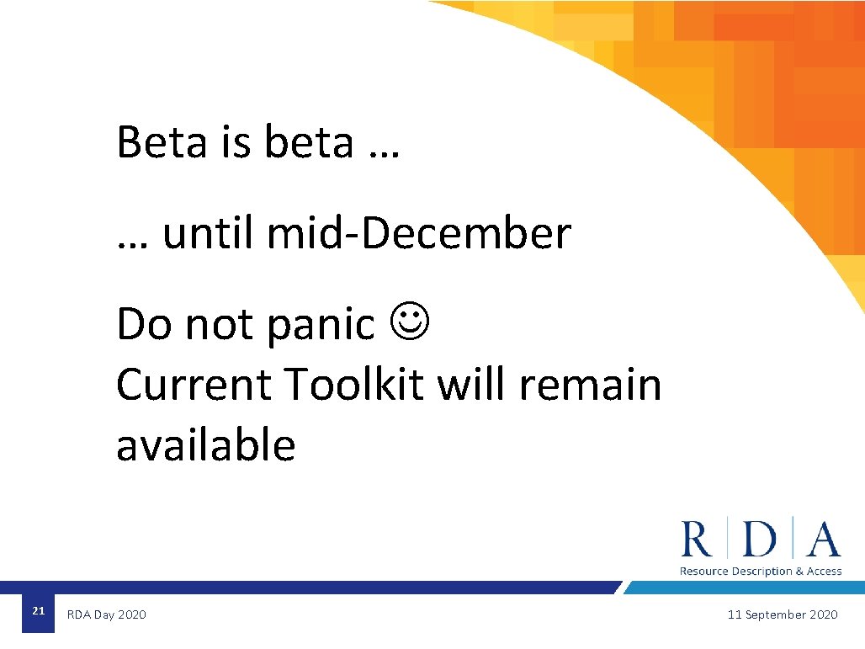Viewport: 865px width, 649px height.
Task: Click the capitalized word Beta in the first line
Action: coord(162,141)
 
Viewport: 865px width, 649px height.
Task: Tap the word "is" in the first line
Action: coord(236,141)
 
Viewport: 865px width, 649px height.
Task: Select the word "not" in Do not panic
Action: coord(220,324)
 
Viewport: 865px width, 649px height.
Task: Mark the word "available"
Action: coord(206,445)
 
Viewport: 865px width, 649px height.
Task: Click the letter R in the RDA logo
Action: coord(696,540)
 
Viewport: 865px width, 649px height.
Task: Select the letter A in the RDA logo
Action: coord(823,540)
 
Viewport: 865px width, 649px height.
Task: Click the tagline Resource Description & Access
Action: coord(761,572)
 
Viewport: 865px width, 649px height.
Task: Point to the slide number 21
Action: coord(38,611)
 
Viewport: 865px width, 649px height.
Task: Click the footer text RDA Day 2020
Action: coord(106,615)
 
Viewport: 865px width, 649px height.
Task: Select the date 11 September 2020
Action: coord(783,615)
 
